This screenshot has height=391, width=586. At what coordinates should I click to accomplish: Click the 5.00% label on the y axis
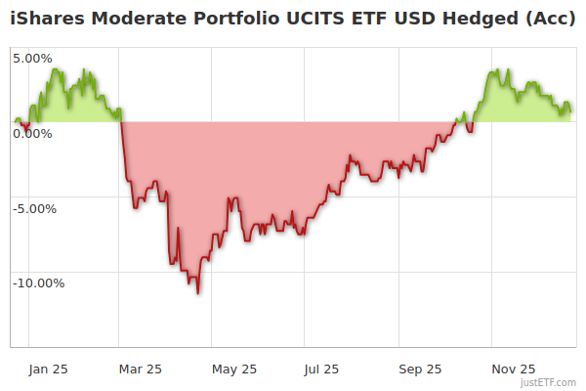(x=33, y=59)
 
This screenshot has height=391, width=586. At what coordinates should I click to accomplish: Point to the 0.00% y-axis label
(x=33, y=133)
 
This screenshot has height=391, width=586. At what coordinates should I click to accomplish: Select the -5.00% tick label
(x=35, y=208)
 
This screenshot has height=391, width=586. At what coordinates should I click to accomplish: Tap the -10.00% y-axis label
(x=38, y=283)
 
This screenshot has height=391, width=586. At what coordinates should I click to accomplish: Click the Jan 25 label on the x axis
(x=48, y=369)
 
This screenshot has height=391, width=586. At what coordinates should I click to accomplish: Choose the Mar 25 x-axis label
(x=140, y=369)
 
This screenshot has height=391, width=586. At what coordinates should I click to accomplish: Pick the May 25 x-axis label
(x=234, y=369)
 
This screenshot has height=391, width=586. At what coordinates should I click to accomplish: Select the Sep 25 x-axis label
(x=420, y=369)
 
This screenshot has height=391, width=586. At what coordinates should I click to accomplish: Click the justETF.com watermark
(x=549, y=383)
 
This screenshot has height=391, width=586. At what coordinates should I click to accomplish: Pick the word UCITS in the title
(x=301, y=20)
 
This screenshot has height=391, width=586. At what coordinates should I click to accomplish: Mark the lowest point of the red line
(x=198, y=293)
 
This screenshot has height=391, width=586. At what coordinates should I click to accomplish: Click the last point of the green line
(x=571, y=109)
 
